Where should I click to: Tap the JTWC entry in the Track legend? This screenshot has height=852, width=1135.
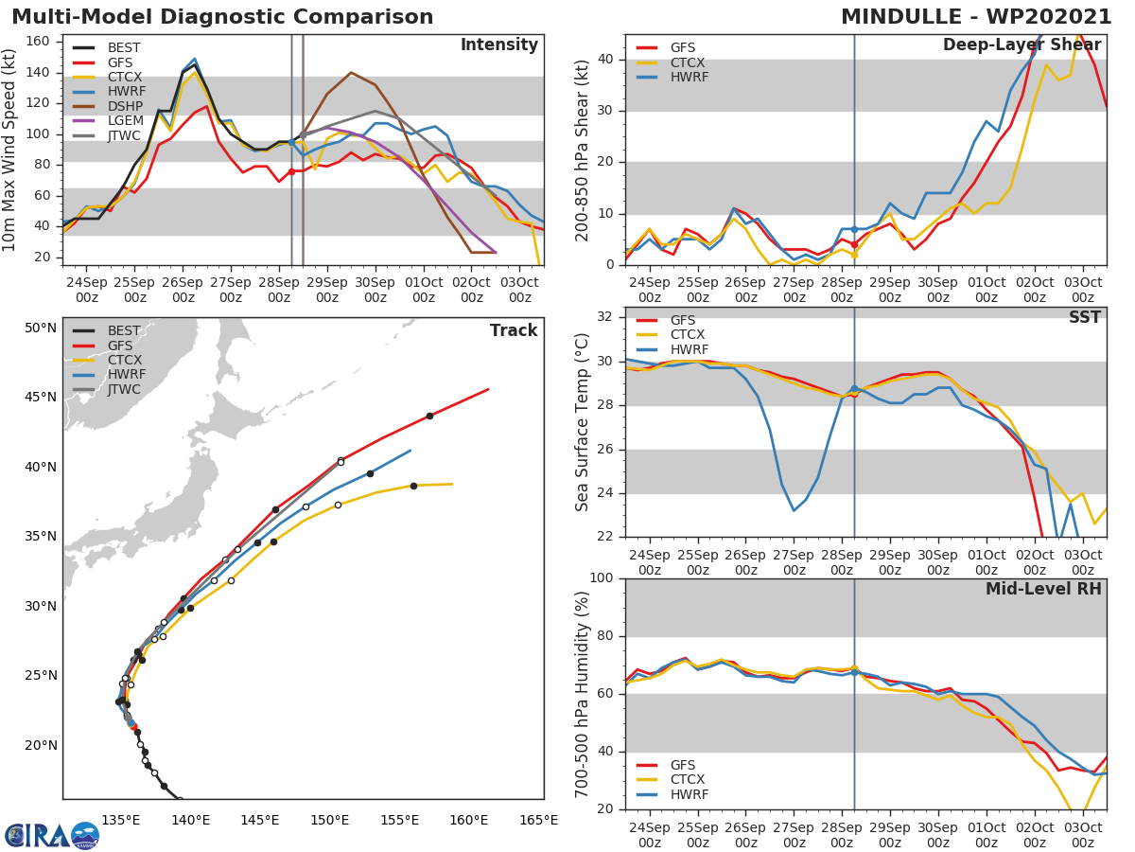(x=124, y=389)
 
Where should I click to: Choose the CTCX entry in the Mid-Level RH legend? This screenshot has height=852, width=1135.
(x=687, y=779)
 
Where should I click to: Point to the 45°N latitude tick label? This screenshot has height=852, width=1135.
(x=41, y=397)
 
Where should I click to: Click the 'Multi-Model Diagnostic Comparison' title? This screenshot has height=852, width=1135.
(x=222, y=17)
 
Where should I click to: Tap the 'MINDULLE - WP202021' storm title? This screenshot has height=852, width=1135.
(x=976, y=17)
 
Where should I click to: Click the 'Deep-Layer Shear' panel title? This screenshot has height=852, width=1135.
(x=1021, y=45)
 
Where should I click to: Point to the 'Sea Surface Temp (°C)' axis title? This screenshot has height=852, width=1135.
(x=582, y=422)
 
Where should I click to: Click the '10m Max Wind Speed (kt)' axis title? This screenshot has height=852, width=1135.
(x=10, y=150)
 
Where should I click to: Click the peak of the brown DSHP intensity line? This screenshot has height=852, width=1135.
(x=351, y=72)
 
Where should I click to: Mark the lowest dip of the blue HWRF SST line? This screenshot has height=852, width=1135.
(x=794, y=511)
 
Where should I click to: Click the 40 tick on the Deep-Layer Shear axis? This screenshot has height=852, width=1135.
(x=606, y=60)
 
